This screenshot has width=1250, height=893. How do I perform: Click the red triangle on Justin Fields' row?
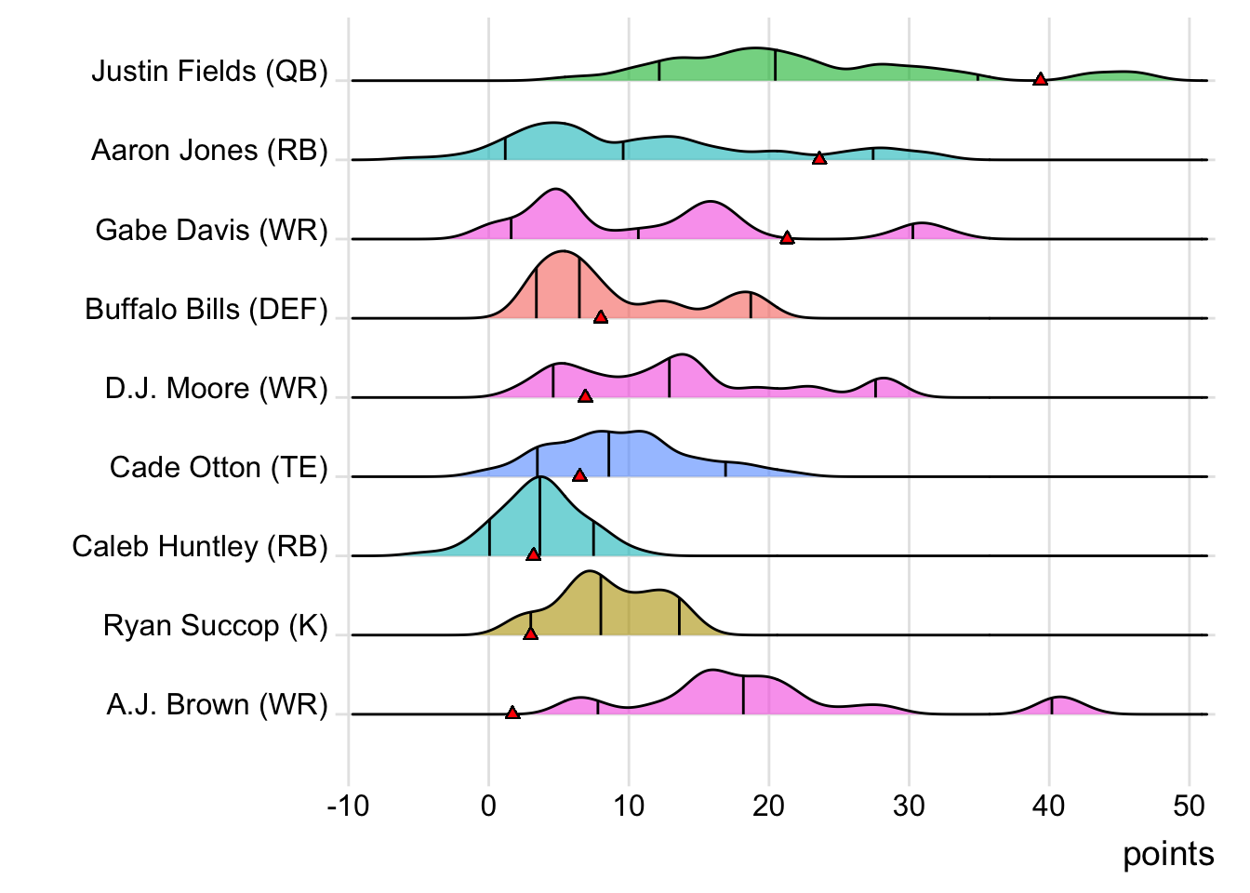point(1040,79)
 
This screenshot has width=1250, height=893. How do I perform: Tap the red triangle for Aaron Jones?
point(818,158)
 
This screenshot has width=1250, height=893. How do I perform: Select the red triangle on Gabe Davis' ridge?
point(787,238)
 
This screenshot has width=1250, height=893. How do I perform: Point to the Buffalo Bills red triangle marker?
point(601,317)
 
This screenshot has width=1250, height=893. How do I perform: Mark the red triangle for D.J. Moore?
point(585,396)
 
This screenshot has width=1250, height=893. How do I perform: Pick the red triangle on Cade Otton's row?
point(579,475)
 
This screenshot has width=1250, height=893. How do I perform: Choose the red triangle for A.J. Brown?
point(512,713)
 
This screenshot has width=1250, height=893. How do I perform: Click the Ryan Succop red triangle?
point(530,633)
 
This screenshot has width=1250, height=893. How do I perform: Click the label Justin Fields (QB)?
point(209,72)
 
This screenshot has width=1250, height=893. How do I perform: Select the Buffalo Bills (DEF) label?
point(206,309)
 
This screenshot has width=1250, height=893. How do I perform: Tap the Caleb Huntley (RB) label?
point(200,546)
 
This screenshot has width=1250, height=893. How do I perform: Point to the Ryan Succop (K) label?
point(216,625)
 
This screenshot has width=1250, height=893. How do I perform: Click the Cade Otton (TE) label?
point(219,467)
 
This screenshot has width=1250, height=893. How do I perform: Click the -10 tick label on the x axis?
point(349,806)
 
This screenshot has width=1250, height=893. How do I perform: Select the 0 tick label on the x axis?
point(489,806)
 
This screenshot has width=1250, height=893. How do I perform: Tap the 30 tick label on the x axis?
point(909,806)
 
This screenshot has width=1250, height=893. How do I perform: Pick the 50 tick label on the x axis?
point(1189,806)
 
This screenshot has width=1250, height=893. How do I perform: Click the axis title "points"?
point(1168,854)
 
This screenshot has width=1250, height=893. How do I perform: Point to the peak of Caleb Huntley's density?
point(539,478)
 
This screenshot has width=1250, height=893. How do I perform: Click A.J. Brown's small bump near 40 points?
point(1057,700)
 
